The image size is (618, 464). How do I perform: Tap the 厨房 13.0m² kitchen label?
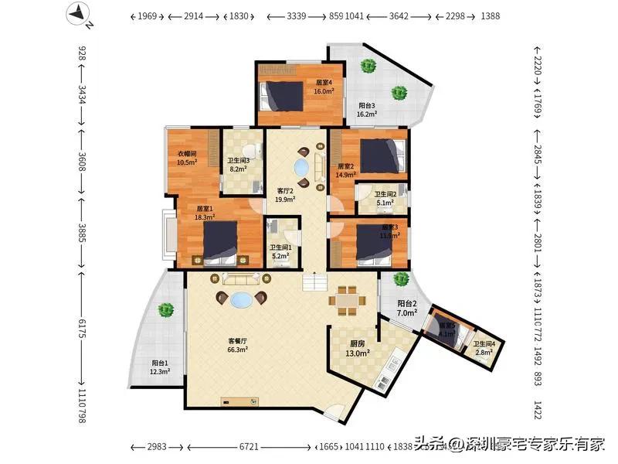(357, 347)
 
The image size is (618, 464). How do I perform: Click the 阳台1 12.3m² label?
(161, 367)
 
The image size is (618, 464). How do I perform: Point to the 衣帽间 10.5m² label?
(187, 158)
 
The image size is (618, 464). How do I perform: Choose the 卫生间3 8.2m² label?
(238, 165)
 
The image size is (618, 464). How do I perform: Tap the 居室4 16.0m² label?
(324, 87)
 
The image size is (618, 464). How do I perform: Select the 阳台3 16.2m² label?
(366, 110)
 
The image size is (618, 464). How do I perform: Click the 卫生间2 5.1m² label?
(385, 200)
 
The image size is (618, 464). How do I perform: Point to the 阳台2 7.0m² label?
(407, 308)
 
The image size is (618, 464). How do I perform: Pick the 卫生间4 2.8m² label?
(484, 348)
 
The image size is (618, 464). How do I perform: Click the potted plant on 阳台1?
(165, 311)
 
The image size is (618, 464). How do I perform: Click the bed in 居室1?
(220, 242)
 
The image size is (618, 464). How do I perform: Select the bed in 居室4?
(282, 96)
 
